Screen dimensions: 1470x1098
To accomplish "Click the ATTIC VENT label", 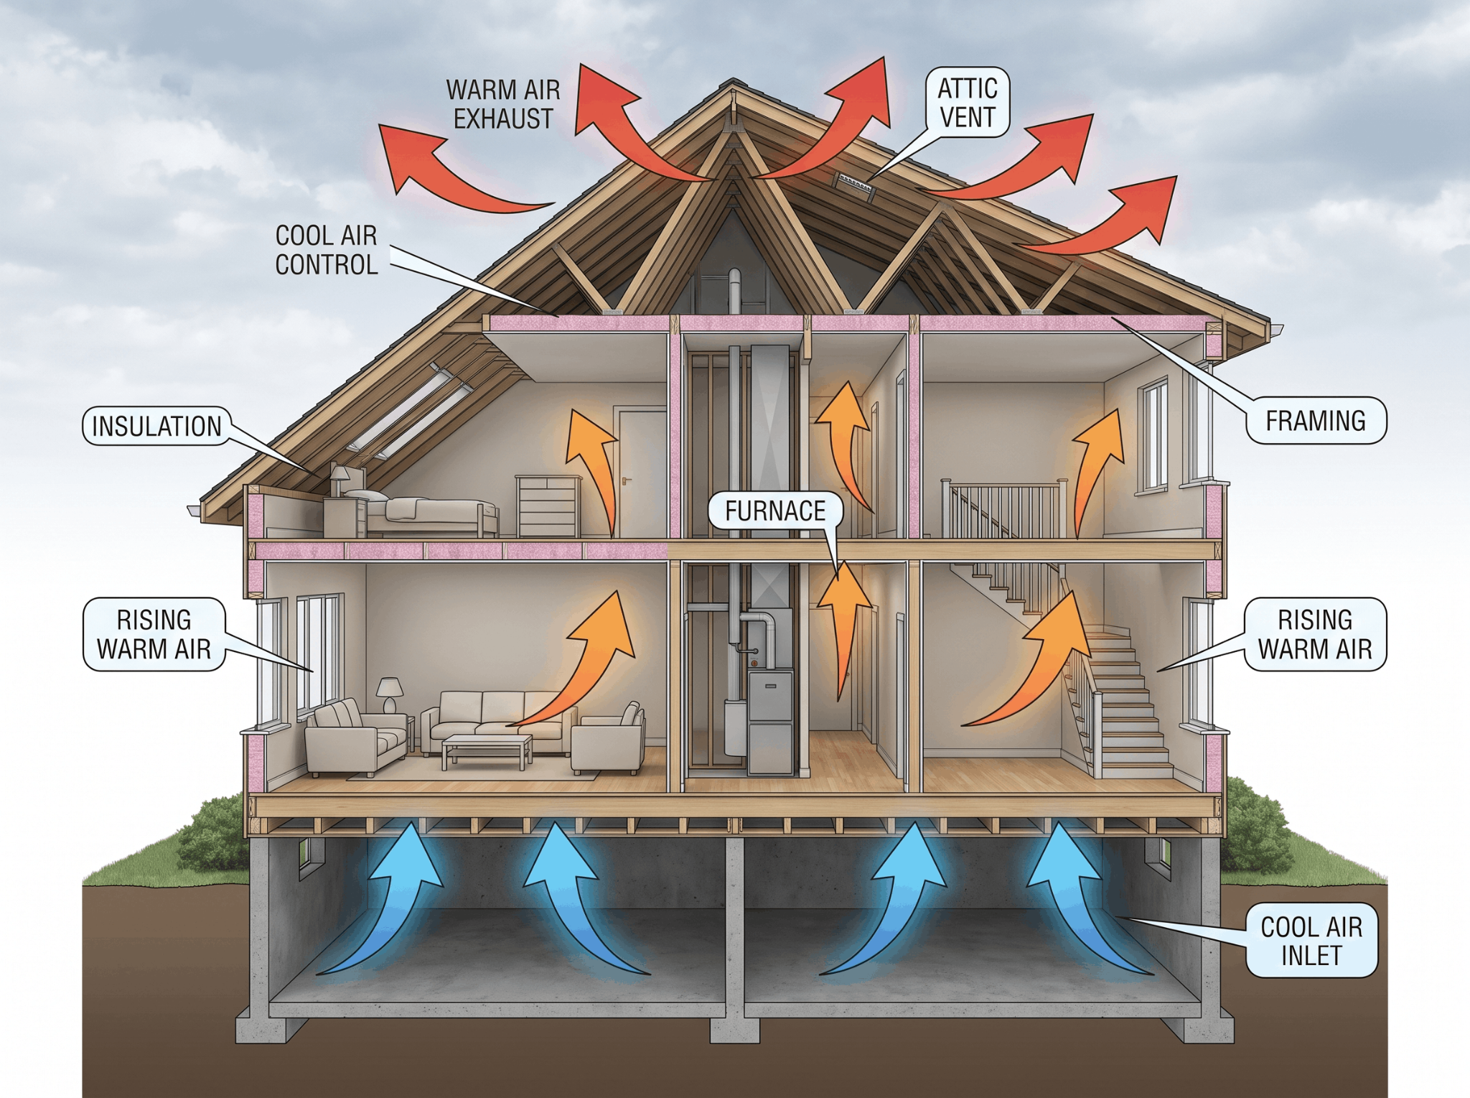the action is point(967,103).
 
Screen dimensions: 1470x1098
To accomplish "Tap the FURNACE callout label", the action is point(775,511).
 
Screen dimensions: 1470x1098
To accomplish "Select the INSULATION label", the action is point(157,427).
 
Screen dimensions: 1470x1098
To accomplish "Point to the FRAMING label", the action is point(1315,421).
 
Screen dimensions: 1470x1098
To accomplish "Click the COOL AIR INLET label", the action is point(1311,941).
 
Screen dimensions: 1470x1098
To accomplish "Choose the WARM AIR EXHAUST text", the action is point(503,105).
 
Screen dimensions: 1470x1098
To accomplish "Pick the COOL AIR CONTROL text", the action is point(327,250).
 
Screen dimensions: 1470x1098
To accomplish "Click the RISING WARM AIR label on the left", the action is point(154,635).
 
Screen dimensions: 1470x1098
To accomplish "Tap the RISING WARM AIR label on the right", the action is point(1315,635).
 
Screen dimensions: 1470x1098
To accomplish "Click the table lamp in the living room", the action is point(390,694).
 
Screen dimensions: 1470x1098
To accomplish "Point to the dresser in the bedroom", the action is point(548,506).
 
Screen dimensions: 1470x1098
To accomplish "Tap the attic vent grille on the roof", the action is point(854,184).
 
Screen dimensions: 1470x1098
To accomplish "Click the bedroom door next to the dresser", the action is point(640,473).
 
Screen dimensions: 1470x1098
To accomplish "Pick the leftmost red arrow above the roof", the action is point(452,169).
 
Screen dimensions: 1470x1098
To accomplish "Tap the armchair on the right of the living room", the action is point(609,739).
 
